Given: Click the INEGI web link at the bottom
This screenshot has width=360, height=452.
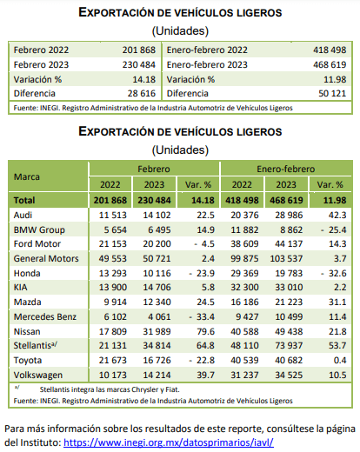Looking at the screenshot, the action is click(169, 442).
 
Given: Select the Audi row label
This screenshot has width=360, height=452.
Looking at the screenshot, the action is click(23, 215).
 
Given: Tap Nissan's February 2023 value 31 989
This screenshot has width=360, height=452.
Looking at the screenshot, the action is click(157, 331).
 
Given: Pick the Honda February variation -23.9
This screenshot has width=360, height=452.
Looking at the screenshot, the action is click(202, 273).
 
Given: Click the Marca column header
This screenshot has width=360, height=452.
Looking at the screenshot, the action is click(27, 176).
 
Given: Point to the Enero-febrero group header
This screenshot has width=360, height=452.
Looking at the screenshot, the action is click(286, 169).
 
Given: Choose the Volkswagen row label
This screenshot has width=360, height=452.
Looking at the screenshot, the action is click(38, 375).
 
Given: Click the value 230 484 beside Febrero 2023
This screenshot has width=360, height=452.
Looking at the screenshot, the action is click(139, 64).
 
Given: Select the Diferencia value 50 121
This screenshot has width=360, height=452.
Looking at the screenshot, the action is click(332, 93).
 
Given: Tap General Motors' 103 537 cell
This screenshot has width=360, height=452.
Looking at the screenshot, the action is click(286, 258).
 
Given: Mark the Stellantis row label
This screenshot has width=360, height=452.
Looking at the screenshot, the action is click(36, 345).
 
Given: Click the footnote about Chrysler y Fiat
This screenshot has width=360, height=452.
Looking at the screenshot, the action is click(110, 389).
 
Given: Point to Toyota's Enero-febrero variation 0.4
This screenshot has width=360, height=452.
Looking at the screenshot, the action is click(340, 360).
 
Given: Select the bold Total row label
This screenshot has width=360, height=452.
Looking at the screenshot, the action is click(24, 200).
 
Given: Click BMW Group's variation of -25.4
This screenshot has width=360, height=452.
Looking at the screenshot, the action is click(333, 230).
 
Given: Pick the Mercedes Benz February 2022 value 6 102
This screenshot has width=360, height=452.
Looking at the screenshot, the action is click(116, 316).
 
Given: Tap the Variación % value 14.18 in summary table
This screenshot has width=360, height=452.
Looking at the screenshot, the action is click(144, 79).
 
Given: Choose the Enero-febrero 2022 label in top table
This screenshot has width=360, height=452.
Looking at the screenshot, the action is click(207, 50).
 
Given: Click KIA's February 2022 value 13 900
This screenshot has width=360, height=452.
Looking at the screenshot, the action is click(113, 287).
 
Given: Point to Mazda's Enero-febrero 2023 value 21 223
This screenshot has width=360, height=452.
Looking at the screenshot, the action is click(289, 302).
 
